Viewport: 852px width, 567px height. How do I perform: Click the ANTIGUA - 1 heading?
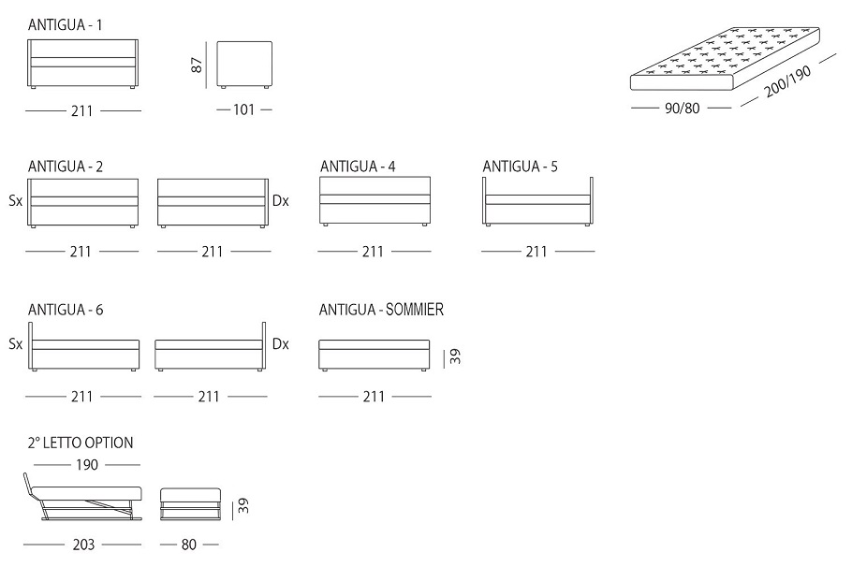coord(65,25)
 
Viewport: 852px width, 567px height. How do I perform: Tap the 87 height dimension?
coord(197,65)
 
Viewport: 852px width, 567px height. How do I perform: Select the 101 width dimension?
coord(244,109)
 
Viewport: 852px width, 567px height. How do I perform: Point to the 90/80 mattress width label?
coord(682,109)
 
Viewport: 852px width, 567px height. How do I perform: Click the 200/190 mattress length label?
coord(788,81)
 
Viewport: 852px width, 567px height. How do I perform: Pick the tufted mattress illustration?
coord(725,59)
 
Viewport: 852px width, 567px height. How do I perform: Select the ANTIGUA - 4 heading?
coord(358,167)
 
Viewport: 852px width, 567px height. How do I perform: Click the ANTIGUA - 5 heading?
coord(520,167)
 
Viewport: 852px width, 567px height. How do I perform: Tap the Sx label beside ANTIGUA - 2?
coord(15,201)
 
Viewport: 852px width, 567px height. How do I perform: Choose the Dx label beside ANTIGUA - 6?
coord(280,344)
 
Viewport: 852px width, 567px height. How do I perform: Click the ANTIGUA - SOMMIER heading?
coord(381,310)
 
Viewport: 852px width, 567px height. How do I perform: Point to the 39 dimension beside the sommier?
coord(455,356)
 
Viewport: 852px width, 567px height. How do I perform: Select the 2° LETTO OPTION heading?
coord(81,443)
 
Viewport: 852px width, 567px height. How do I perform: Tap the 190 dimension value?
coord(87,465)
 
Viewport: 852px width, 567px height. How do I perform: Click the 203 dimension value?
coord(83,545)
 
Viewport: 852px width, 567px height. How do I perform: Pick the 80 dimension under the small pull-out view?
coord(188,545)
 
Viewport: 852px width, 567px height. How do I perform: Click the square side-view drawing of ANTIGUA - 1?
coord(244,65)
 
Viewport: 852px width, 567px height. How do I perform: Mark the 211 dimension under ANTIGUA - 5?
coord(536,252)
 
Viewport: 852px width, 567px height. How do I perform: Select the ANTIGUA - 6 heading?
coord(66,310)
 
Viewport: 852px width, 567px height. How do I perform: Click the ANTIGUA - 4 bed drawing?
coord(375,201)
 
